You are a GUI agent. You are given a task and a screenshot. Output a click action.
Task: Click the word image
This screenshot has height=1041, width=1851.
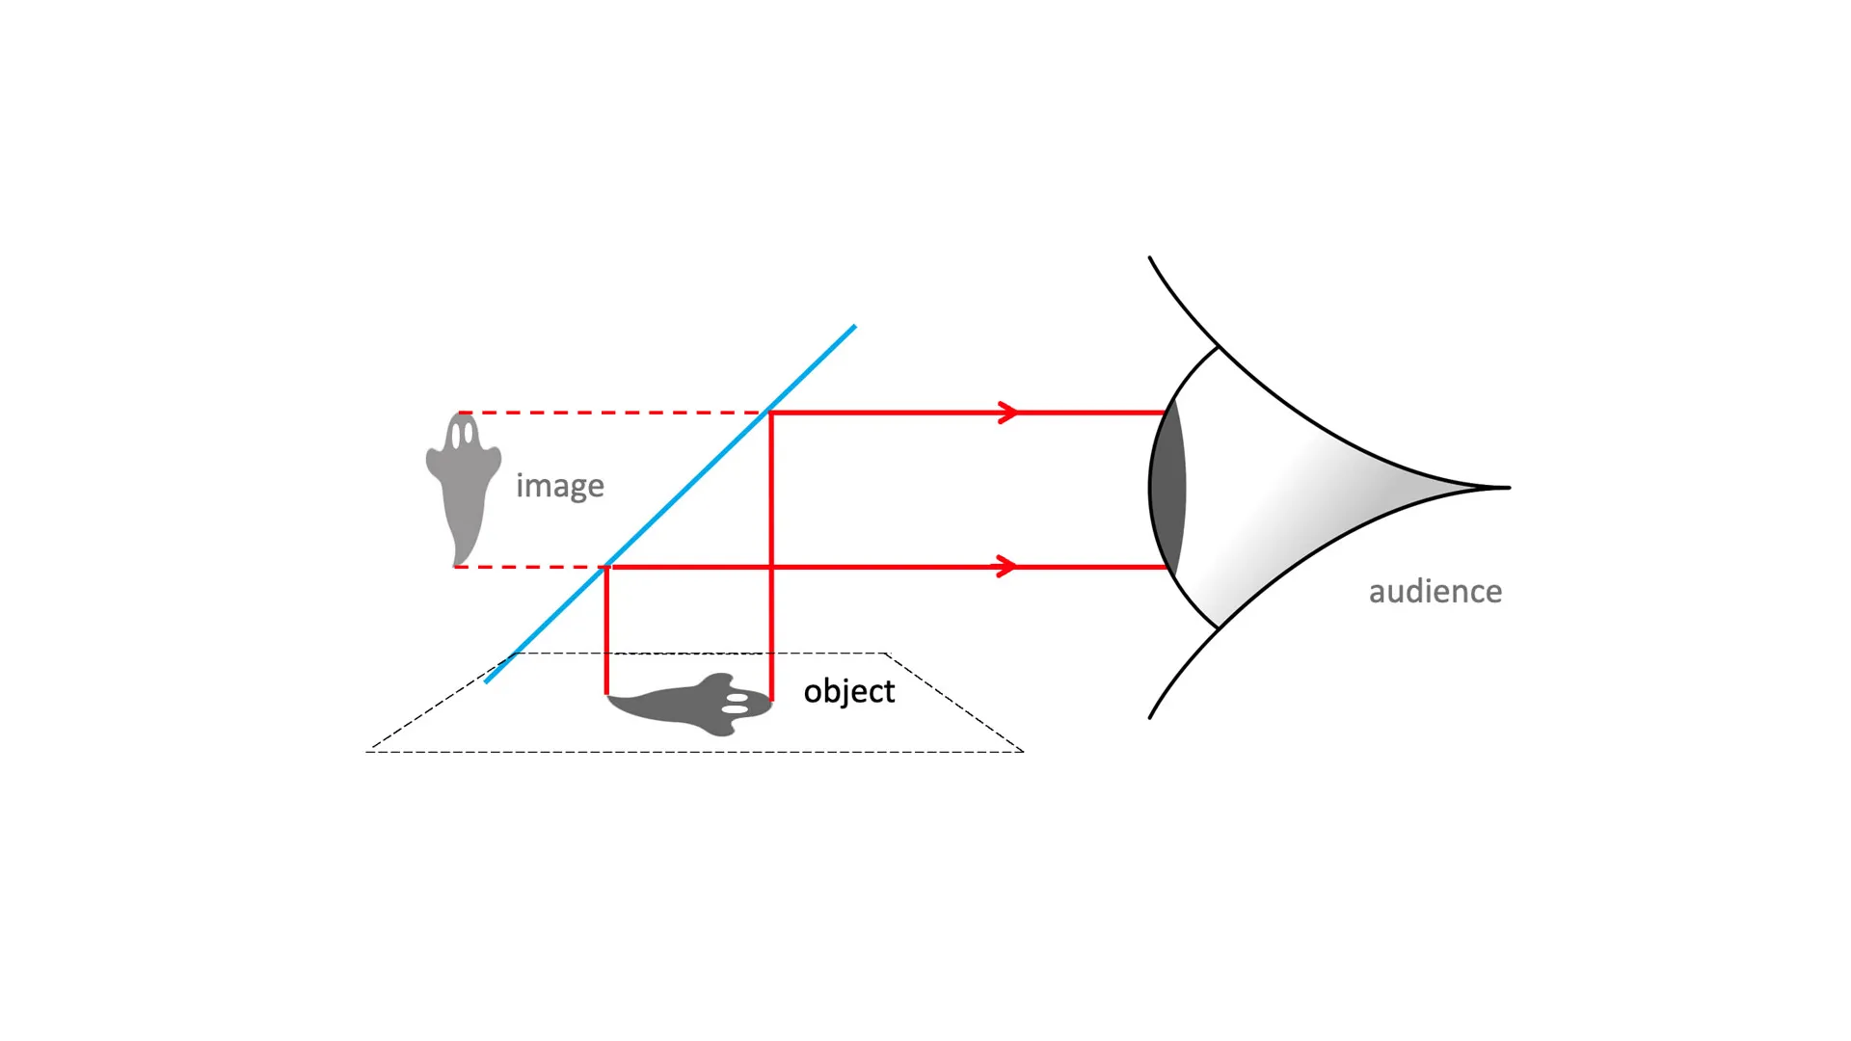point(559,486)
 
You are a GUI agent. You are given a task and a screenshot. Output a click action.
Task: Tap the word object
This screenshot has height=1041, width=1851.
point(848,691)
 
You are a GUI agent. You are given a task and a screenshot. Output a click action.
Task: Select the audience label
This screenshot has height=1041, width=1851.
point(1435,591)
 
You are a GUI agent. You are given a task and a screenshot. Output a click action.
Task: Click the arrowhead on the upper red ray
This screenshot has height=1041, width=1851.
point(1008,413)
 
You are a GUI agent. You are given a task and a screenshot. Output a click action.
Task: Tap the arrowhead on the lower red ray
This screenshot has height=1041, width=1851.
point(1006,567)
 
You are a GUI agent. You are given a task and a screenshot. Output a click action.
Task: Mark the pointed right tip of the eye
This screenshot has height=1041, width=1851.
point(1506,488)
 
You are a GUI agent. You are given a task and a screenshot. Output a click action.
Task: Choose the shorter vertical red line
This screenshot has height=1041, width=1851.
point(606,631)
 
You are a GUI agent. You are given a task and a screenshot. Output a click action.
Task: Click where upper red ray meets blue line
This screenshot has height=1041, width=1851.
point(770,413)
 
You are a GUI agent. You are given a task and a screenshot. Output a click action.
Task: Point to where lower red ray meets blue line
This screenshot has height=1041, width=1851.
point(606,567)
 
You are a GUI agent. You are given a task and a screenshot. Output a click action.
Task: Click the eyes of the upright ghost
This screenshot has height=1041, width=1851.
point(463,436)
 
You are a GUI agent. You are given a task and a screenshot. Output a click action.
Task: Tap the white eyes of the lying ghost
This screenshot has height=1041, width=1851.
point(736,703)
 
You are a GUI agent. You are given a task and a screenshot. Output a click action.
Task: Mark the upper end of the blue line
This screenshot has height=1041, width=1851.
point(854,327)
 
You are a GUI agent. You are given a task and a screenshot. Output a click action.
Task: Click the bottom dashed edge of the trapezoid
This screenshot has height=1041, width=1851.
point(694,752)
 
